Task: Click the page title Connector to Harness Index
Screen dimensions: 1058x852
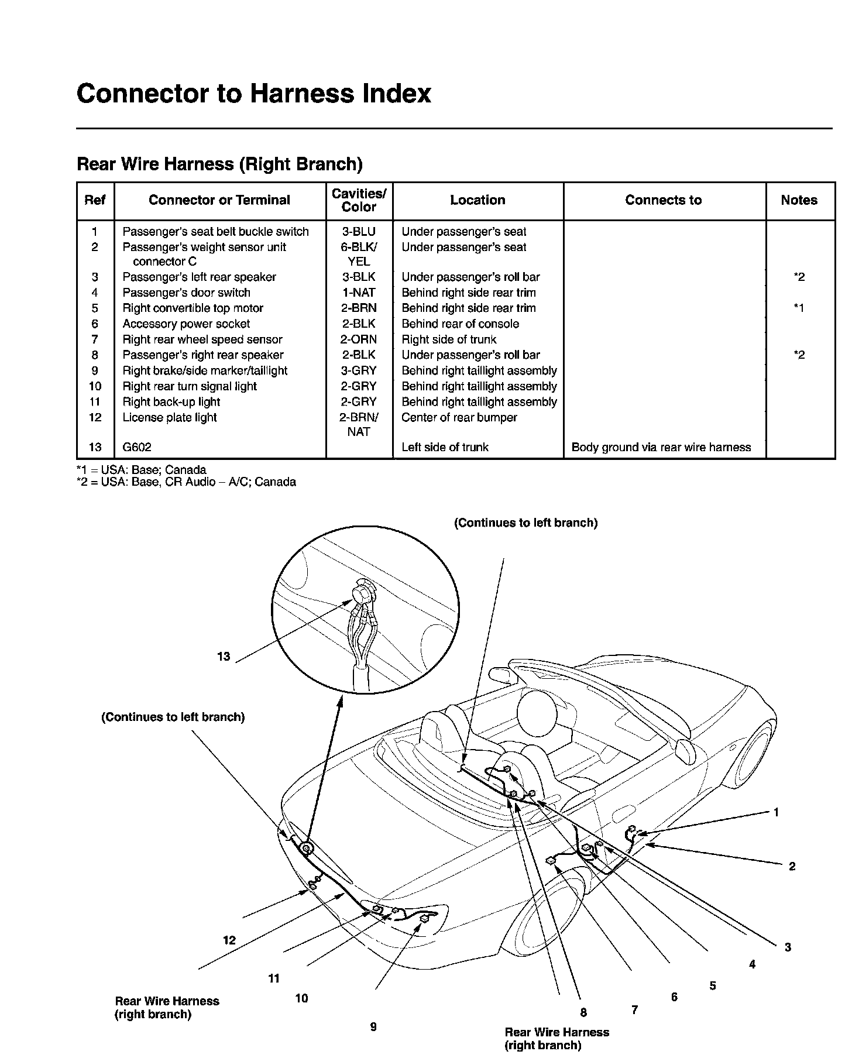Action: click(x=253, y=94)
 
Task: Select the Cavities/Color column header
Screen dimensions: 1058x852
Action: click(x=359, y=200)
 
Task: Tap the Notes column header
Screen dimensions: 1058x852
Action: click(x=799, y=200)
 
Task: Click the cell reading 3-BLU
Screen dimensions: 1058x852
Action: click(x=359, y=232)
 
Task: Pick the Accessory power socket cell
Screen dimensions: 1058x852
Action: click(x=186, y=324)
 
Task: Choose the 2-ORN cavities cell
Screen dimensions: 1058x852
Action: click(x=359, y=339)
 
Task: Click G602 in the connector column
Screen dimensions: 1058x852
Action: click(x=137, y=448)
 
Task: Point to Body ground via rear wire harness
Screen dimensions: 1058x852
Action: click(x=661, y=448)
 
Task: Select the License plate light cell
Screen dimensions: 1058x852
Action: click(x=170, y=417)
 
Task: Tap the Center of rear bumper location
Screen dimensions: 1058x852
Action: click(x=459, y=417)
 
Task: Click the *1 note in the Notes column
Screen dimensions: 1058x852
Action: click(x=799, y=308)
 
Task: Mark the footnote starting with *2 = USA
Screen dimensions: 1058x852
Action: click(x=186, y=482)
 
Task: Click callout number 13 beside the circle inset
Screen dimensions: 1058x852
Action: click(x=224, y=657)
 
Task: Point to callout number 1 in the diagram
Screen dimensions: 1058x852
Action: click(x=776, y=812)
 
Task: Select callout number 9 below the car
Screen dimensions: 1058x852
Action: click(x=373, y=1026)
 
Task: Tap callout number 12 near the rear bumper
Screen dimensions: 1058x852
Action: click(x=229, y=940)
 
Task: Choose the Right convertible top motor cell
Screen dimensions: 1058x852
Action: click(x=193, y=308)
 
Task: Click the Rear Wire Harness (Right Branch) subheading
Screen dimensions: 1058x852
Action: click(x=219, y=164)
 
